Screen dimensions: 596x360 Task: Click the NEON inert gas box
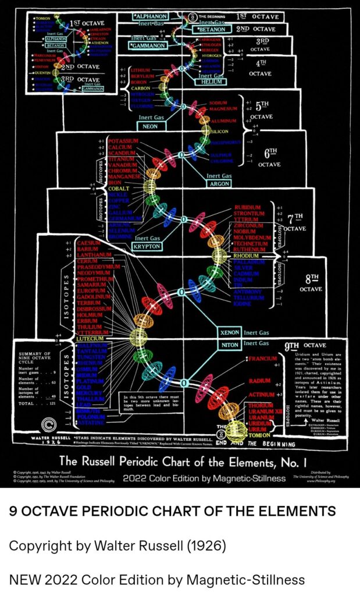point(149,126)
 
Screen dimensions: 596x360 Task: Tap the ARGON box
point(219,184)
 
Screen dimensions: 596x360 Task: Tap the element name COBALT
point(119,189)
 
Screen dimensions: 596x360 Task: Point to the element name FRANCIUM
point(263,359)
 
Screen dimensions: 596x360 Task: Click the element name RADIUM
point(259,381)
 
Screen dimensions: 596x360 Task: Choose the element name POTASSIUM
point(123,141)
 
